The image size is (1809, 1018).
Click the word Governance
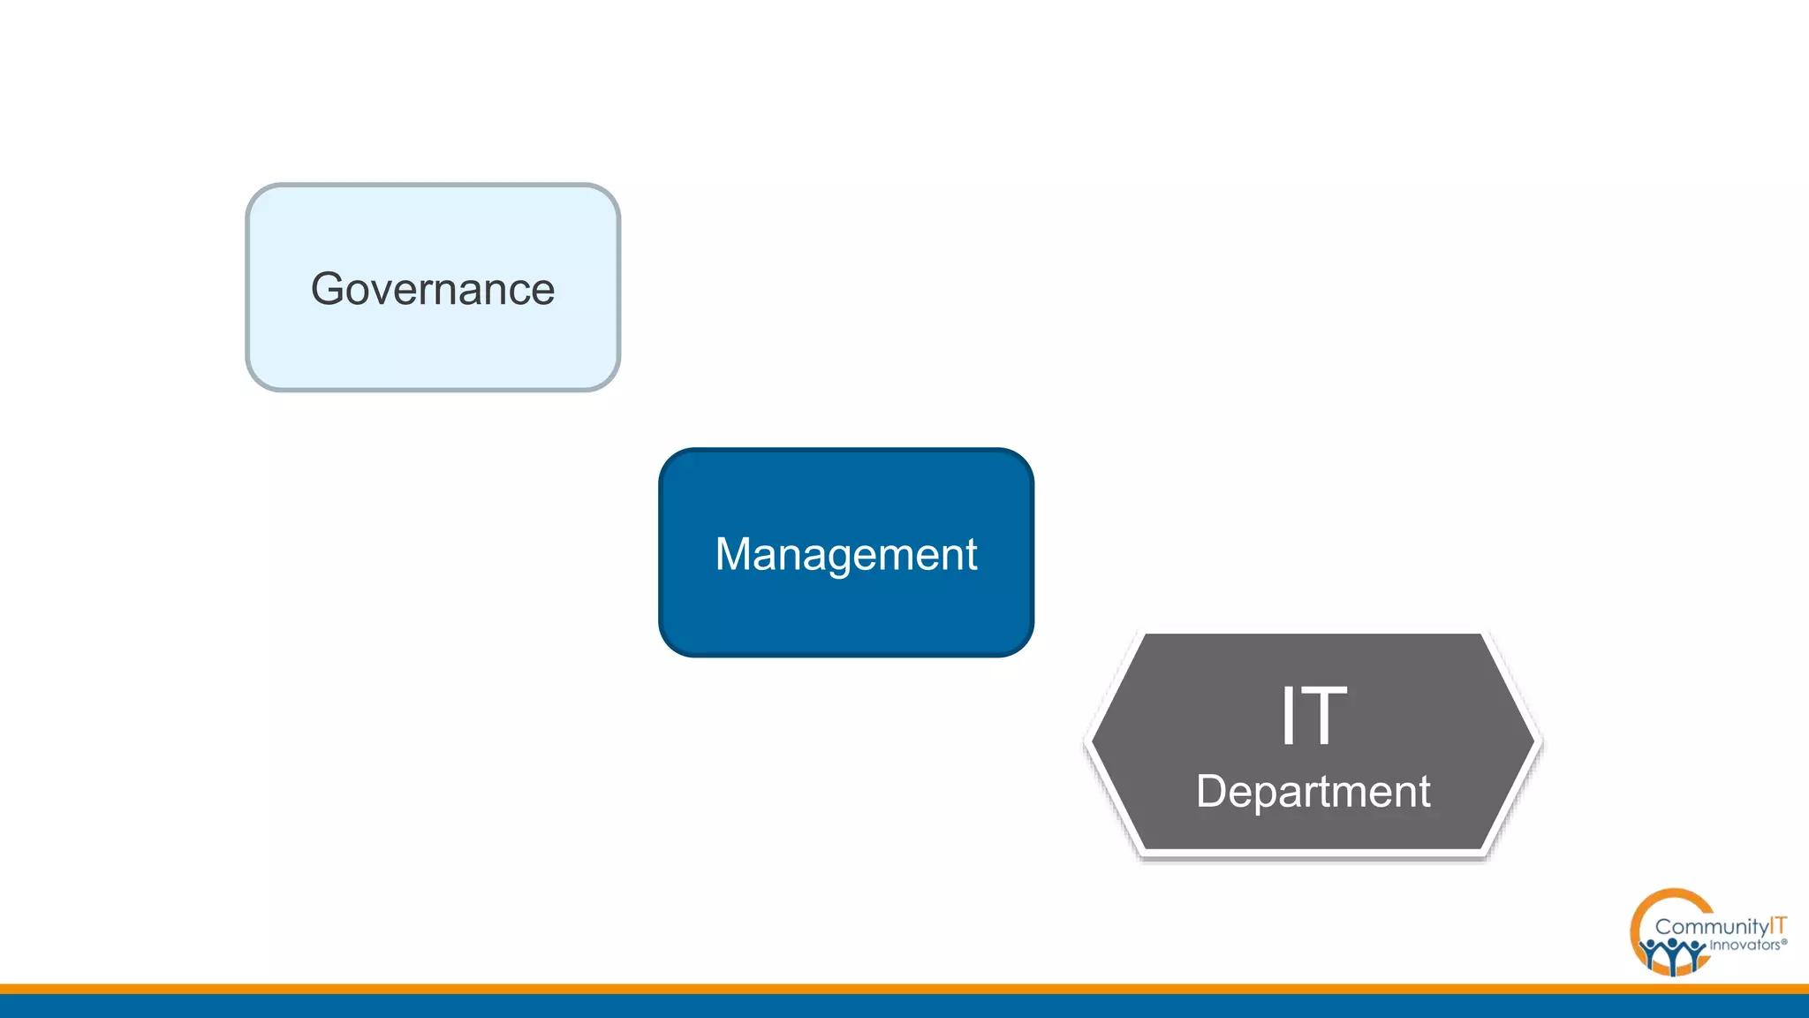(x=433, y=289)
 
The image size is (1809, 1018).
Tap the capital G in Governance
(x=328, y=289)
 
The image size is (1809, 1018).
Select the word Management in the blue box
(x=845, y=555)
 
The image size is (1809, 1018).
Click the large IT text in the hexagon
(x=1313, y=716)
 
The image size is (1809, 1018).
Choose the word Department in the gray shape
(x=1313, y=791)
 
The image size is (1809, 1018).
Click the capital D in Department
(x=1212, y=791)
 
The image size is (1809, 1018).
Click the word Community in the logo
(x=1711, y=927)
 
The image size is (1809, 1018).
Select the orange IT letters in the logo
(x=1777, y=925)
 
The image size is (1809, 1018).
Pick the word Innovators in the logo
(x=1745, y=946)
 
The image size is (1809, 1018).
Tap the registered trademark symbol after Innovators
(x=1784, y=943)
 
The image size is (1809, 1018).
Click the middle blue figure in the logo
(x=1673, y=955)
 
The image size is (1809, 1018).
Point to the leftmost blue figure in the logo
(x=1650, y=953)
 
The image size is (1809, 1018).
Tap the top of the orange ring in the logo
(x=1671, y=893)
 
